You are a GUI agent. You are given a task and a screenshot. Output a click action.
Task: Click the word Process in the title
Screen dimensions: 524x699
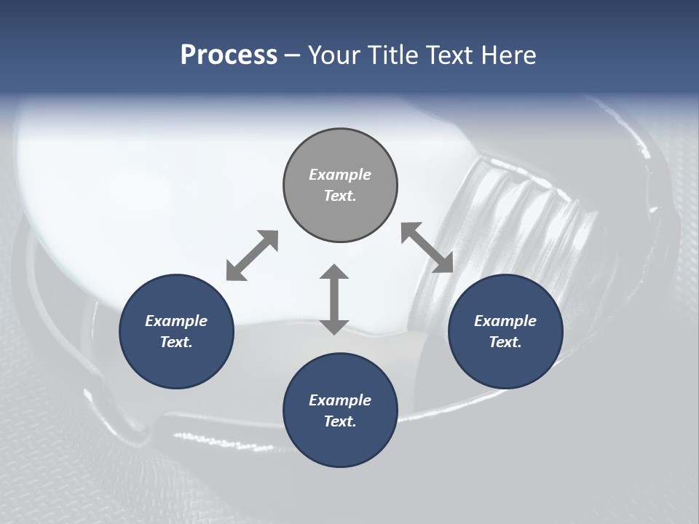[x=229, y=55]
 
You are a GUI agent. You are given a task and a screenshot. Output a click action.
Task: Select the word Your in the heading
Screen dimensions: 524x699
[x=332, y=55]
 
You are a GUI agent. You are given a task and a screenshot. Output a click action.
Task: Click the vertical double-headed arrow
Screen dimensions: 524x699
[x=334, y=299]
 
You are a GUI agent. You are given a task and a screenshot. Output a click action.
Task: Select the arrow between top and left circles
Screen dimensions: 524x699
[x=252, y=255]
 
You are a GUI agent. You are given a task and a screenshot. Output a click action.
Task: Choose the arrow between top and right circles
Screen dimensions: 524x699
[x=427, y=247]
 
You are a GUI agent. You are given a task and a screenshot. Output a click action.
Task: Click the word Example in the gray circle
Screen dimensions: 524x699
[x=340, y=175]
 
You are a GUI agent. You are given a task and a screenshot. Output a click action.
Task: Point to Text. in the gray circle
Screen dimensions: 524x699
[x=340, y=196]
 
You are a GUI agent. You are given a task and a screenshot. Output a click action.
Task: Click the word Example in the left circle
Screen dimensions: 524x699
[x=176, y=321]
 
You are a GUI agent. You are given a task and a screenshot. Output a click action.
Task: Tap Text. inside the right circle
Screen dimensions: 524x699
[x=505, y=342]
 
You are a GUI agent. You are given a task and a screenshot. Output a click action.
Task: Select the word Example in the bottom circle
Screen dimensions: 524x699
[x=340, y=400]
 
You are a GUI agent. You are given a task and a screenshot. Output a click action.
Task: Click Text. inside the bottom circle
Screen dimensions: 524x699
[x=340, y=421]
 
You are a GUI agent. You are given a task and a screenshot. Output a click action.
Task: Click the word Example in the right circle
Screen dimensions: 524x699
[x=505, y=321]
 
